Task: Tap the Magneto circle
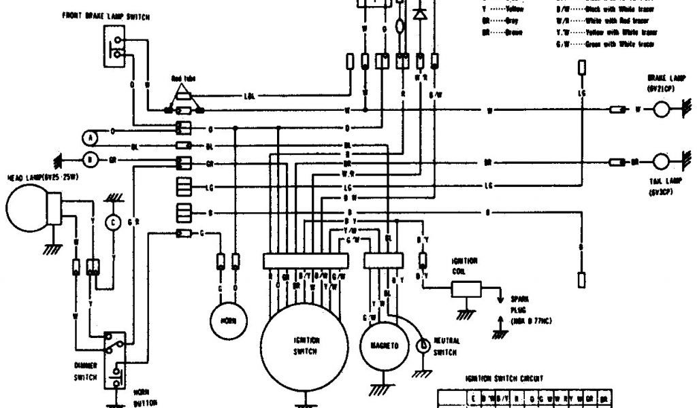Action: (385, 345)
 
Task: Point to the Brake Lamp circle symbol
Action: (663, 109)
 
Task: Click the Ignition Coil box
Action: (467, 288)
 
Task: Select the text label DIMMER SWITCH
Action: (86, 371)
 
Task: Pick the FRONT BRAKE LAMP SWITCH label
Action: (106, 15)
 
